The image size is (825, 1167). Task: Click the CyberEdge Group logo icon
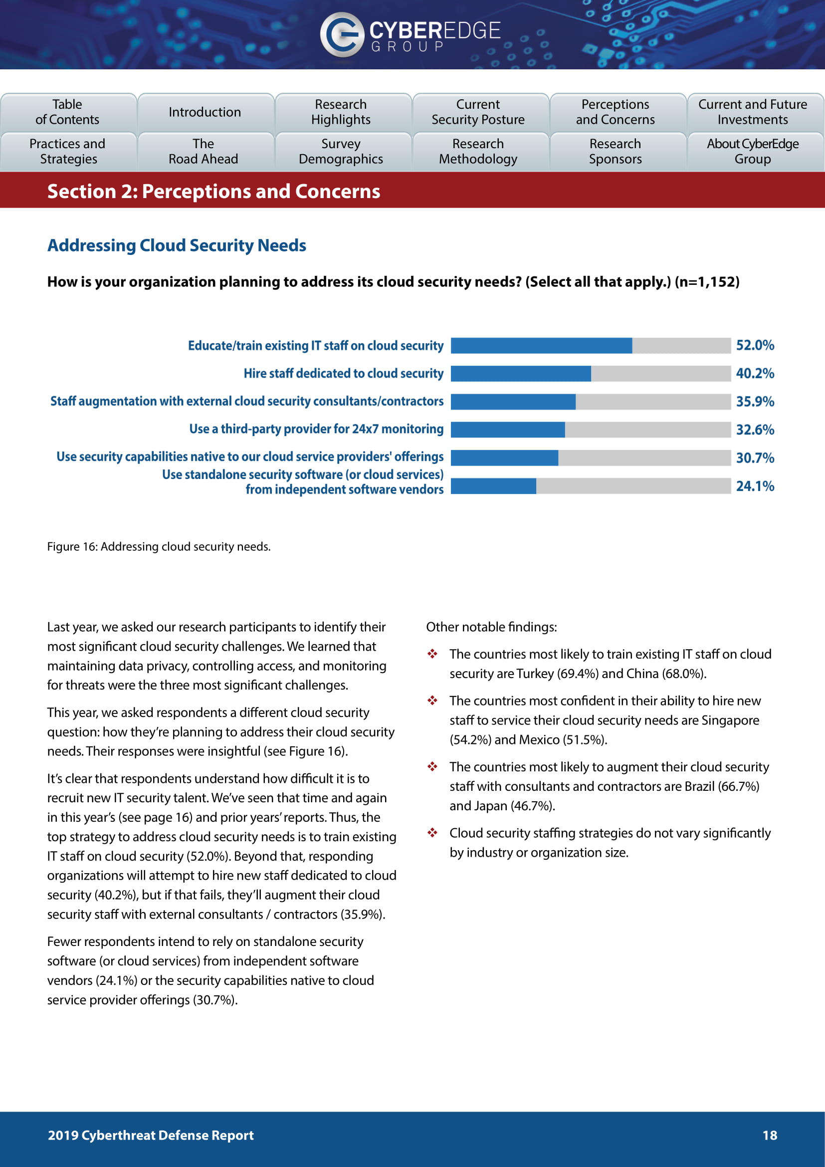click(x=342, y=34)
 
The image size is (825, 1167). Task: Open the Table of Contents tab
click(x=67, y=112)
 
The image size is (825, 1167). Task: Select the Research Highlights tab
click(x=341, y=112)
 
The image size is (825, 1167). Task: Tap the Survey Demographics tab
click(x=341, y=152)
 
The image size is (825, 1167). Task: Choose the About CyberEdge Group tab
click(x=752, y=152)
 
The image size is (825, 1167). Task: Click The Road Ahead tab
click(x=203, y=152)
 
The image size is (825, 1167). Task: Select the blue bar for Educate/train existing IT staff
click(x=541, y=346)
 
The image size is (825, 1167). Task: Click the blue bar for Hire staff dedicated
click(x=521, y=374)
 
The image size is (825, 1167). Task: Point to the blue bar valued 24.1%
click(x=493, y=486)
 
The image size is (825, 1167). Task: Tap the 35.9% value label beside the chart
click(x=755, y=402)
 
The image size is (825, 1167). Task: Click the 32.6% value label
click(x=755, y=430)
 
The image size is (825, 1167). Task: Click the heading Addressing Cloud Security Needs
click(x=177, y=245)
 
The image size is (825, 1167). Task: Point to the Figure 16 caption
click(x=159, y=546)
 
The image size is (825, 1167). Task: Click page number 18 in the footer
click(x=770, y=1135)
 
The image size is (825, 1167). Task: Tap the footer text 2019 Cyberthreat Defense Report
click(x=150, y=1135)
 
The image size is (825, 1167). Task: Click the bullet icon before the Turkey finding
click(x=432, y=654)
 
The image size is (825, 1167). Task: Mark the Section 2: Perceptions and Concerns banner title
click(x=213, y=192)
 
